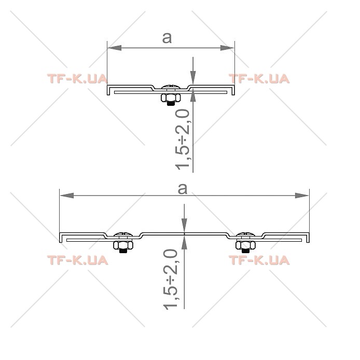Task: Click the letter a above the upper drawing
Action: tap(167, 38)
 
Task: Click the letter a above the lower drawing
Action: tap(183, 189)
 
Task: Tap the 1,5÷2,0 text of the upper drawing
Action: tap(183, 140)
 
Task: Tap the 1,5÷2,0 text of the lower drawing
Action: tap(170, 279)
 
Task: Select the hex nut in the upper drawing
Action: tap(171, 98)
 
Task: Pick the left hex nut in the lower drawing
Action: tap(123, 245)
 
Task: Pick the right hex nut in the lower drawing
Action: tap(245, 245)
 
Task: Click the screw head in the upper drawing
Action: tap(171, 87)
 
